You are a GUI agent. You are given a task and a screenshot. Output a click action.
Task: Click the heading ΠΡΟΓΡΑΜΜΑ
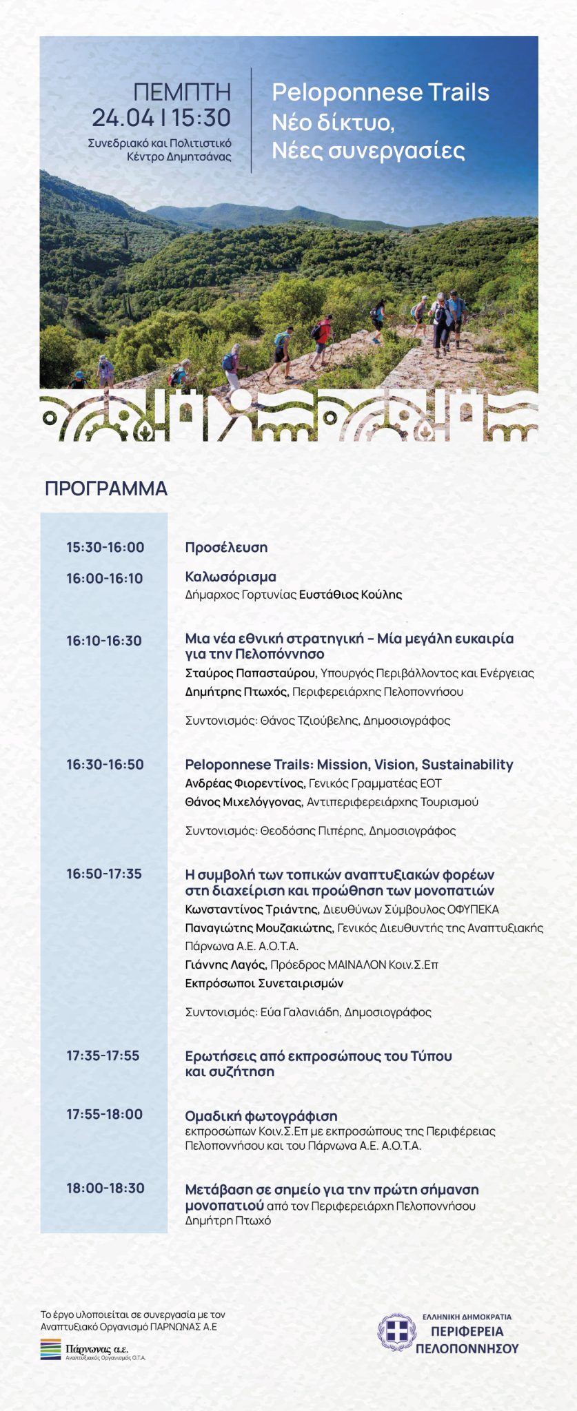point(106,488)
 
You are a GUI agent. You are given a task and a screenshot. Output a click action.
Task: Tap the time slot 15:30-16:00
point(105,548)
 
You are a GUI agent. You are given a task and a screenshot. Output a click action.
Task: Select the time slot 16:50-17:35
point(104,874)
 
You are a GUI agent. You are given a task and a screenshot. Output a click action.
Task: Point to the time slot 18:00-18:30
point(105,1188)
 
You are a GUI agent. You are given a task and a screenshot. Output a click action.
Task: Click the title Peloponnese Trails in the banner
point(381,92)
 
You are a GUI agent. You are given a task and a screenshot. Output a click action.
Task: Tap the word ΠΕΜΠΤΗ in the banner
point(182,92)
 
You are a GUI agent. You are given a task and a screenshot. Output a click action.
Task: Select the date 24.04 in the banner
point(123,118)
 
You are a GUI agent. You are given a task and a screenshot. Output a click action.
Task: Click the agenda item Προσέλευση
point(226,548)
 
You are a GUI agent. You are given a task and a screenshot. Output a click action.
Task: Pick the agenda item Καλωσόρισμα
point(230,577)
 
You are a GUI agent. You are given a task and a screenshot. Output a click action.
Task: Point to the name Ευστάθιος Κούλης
point(350,595)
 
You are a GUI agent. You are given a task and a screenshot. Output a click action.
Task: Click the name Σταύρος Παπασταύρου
point(251,673)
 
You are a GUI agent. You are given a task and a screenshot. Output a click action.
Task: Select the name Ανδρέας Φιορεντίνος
point(244,783)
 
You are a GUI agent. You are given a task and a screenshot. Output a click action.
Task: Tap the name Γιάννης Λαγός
point(225,965)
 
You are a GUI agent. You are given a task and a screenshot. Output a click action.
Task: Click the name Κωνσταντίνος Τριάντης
point(251,909)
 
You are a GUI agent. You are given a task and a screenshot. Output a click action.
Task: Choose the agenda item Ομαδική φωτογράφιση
point(261,1115)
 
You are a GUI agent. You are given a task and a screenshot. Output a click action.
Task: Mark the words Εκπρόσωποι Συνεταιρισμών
point(264,983)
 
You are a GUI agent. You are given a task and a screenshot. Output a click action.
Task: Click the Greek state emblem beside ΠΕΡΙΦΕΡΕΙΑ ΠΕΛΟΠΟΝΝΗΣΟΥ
point(396,1332)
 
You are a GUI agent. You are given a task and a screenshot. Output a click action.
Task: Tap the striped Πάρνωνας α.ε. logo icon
point(50,1349)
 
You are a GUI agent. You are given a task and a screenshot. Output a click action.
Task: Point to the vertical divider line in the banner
point(252,120)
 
